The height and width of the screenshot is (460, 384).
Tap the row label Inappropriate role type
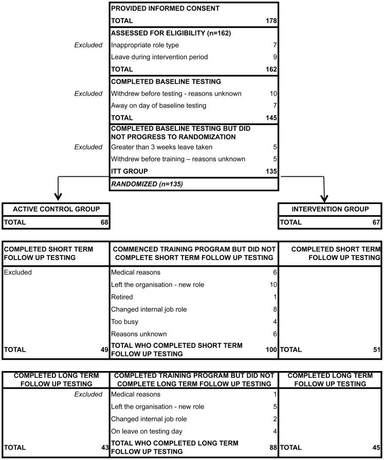pyautogui.click(x=144, y=45)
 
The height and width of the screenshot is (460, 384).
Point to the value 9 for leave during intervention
pyautogui.click(x=275, y=57)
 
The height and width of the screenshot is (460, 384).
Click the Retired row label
pyautogui.click(x=122, y=297)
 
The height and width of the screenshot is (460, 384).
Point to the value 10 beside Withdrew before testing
pyautogui.click(x=273, y=94)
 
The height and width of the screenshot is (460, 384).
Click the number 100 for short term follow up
pyautogui.click(x=271, y=349)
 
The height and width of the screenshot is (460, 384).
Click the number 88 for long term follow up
pyautogui.click(x=272, y=448)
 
